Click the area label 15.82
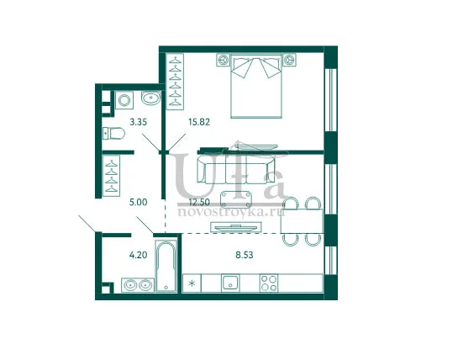point(199,122)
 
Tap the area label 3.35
point(138,122)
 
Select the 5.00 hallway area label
point(138,203)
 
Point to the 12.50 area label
point(200,203)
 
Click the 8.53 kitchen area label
point(245,255)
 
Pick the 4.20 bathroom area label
point(138,255)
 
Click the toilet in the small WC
point(114,134)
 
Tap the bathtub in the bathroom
point(166,266)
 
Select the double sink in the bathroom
point(138,284)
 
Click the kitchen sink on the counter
point(230,283)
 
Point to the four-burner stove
point(269,283)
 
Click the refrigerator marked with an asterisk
point(192,283)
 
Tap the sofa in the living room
point(235,170)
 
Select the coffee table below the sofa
point(236,199)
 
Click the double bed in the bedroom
point(256,86)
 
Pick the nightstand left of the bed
point(224,60)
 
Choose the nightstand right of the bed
point(289,60)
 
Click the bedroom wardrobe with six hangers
point(175,82)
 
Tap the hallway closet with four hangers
point(111,176)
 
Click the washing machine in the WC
point(124,100)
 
